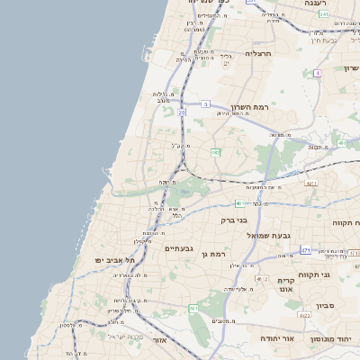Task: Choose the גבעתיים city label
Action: click(x=178, y=247)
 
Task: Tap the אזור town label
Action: click(x=160, y=340)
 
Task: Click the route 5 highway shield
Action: click(x=206, y=104)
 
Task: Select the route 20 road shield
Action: click(x=182, y=112)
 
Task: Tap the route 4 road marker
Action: click(x=317, y=73)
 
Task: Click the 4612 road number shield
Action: click(x=258, y=279)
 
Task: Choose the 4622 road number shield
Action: click(x=304, y=316)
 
